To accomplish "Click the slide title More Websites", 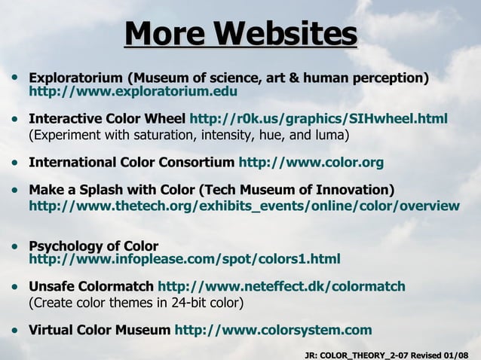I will [240, 34].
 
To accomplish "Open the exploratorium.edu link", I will [133, 92].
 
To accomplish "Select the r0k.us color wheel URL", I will [318, 119].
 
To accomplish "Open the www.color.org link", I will [311, 162].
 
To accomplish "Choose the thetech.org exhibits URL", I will [244, 205].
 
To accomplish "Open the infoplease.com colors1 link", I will [184, 259].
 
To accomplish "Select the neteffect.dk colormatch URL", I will [281, 286].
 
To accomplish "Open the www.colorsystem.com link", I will [273, 330].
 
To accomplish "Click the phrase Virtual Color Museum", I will [99, 330].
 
